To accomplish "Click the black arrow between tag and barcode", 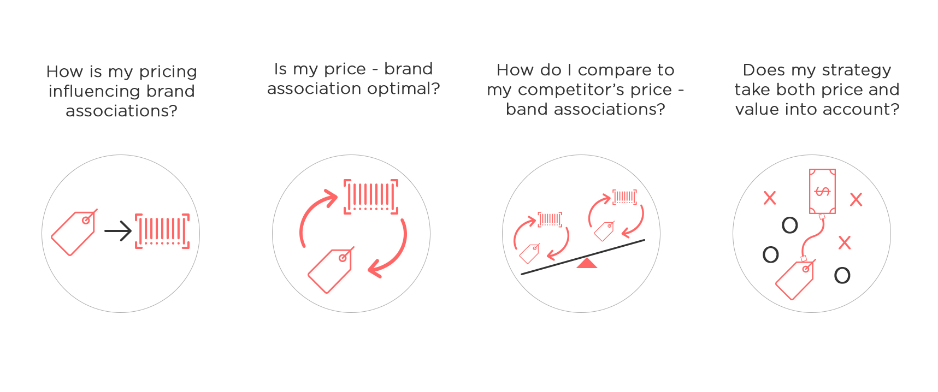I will click(118, 231).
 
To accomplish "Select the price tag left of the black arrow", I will click(74, 233).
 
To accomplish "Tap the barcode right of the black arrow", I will click(162, 231).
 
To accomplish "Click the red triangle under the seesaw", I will click(586, 264).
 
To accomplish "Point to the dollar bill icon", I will click(822, 191).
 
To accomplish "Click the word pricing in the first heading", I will click(168, 72).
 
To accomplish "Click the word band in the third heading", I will click(527, 109).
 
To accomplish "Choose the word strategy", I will click(856, 70).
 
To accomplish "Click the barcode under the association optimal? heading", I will click(371, 197).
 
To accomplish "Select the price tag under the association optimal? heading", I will click(331, 270).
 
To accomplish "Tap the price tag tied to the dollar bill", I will click(795, 280).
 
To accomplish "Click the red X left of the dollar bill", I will click(770, 198).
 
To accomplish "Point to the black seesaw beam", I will click(583, 257).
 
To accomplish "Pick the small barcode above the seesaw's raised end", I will click(624, 197).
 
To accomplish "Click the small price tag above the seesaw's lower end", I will click(529, 253).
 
